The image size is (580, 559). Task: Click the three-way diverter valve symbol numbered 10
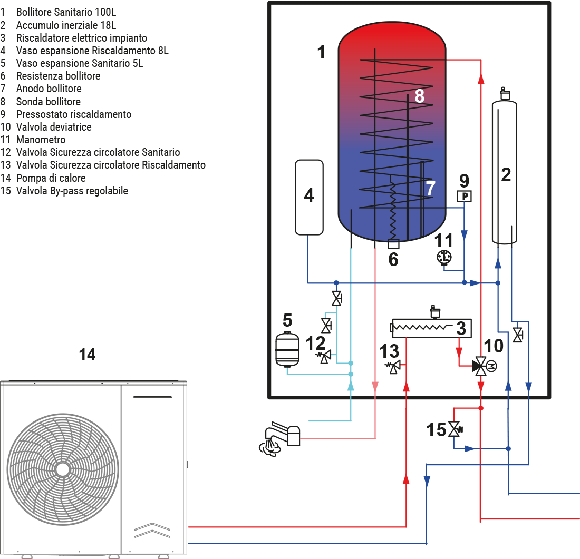480,365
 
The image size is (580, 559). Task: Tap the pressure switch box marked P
464,197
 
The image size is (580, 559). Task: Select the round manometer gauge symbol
444,257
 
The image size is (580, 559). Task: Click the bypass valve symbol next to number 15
454,429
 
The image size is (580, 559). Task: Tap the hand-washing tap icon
279,438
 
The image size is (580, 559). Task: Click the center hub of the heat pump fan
62,468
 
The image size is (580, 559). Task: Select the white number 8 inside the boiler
419,96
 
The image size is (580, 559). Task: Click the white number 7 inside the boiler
430,188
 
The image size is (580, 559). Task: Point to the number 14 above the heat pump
87,355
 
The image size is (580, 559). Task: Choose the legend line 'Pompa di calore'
51,178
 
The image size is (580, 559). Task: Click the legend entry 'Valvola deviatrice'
53,127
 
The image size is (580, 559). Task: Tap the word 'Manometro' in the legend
41,140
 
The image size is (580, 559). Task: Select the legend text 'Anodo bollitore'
49,89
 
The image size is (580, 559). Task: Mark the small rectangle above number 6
393,244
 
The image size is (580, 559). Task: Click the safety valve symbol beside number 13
394,366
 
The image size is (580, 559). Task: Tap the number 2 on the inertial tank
506,175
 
